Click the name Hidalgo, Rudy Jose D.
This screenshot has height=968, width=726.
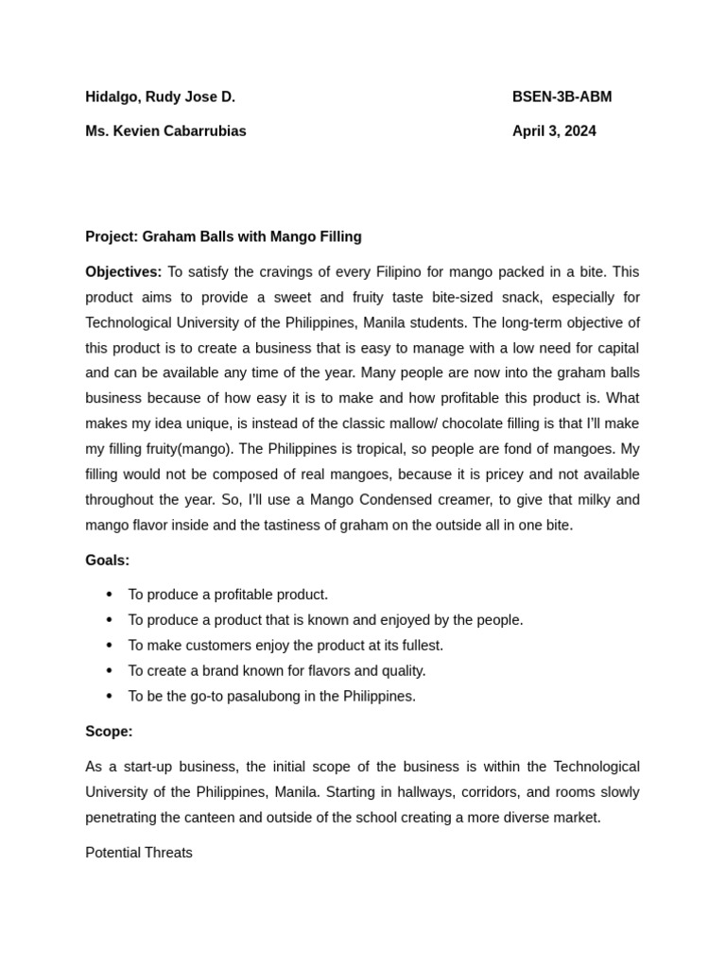coord(160,96)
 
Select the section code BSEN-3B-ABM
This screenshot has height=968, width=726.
coord(562,96)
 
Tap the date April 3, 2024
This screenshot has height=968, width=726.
coord(554,131)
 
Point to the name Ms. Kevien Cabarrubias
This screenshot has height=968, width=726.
coord(165,131)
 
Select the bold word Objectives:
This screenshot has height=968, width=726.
coord(124,272)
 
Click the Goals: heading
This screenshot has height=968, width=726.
coord(107,561)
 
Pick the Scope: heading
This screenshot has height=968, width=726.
coord(109,732)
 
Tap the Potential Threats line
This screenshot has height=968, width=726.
coord(139,853)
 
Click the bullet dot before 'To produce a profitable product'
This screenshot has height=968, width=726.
coord(110,595)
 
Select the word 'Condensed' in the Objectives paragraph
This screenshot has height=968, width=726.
coord(393,500)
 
